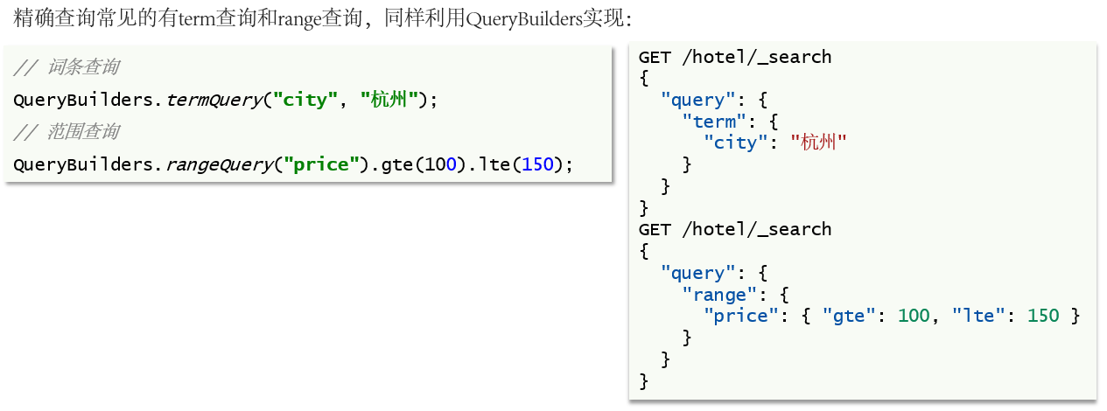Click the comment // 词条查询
tap(67, 67)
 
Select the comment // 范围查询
tap(67, 132)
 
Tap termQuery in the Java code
tap(214, 100)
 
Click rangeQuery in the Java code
tap(219, 164)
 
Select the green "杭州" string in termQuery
tap(389, 100)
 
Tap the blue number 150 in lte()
tap(538, 164)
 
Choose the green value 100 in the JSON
tap(914, 316)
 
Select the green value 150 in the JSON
tap(1043, 316)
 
